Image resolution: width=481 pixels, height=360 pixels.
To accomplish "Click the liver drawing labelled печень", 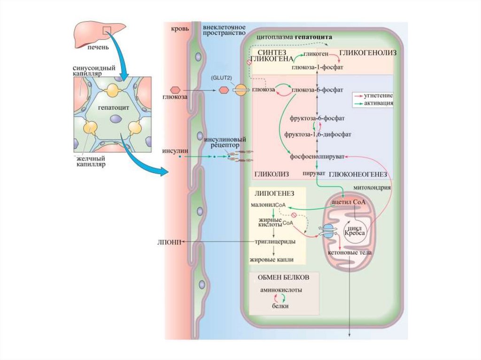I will pos(98,32).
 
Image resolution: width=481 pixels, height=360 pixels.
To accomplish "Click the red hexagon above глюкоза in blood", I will pos(175,89).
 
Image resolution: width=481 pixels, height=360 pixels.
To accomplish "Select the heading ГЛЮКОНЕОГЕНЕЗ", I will pos(357,174).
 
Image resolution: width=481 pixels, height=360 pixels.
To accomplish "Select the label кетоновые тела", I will pos(351,253).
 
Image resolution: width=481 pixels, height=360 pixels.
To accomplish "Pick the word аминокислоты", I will pos(281,290).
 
